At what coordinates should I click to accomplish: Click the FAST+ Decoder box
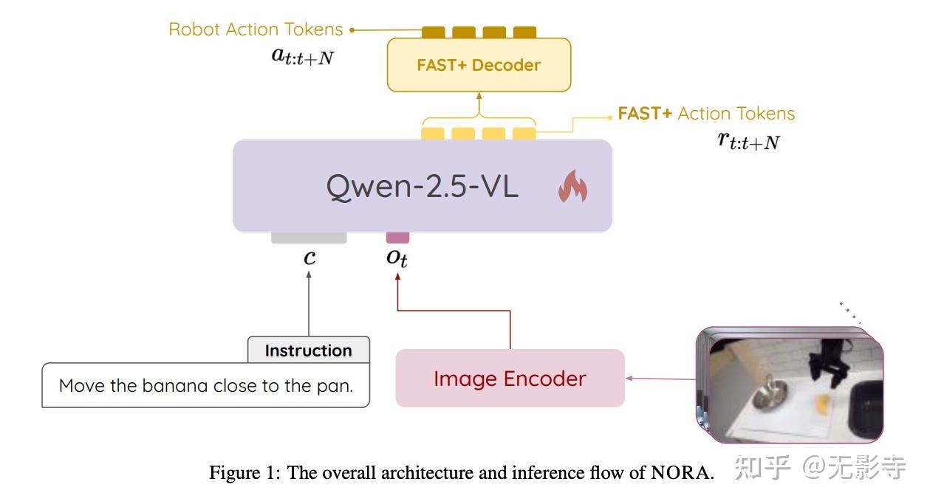479,65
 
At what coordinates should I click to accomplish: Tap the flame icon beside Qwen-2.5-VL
572,187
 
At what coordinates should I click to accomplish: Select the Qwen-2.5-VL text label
422,187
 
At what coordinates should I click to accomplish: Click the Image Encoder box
510,379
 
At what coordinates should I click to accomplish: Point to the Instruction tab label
308,351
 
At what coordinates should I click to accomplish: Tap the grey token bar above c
309,238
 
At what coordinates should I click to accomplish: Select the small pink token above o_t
397,238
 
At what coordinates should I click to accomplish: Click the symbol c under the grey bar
310,258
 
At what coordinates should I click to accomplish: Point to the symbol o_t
397,258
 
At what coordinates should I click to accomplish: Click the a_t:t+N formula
302,56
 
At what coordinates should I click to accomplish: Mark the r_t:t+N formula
748,140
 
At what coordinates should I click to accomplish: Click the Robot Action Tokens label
256,30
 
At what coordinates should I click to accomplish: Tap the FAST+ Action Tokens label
706,114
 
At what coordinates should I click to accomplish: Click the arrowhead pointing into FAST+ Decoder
479,96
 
